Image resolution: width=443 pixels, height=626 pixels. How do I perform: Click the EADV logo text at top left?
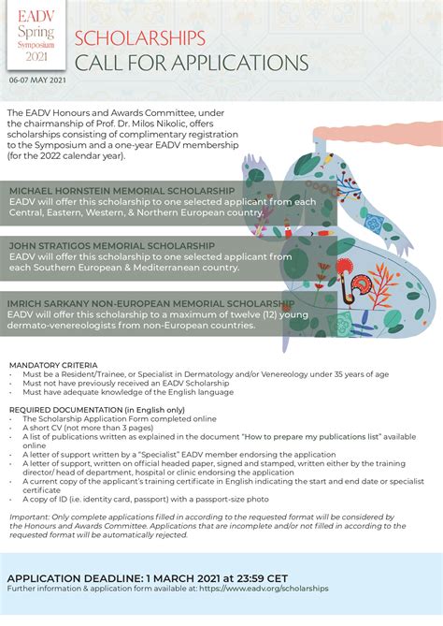36,16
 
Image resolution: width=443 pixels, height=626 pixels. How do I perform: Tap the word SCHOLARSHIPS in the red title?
138,38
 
